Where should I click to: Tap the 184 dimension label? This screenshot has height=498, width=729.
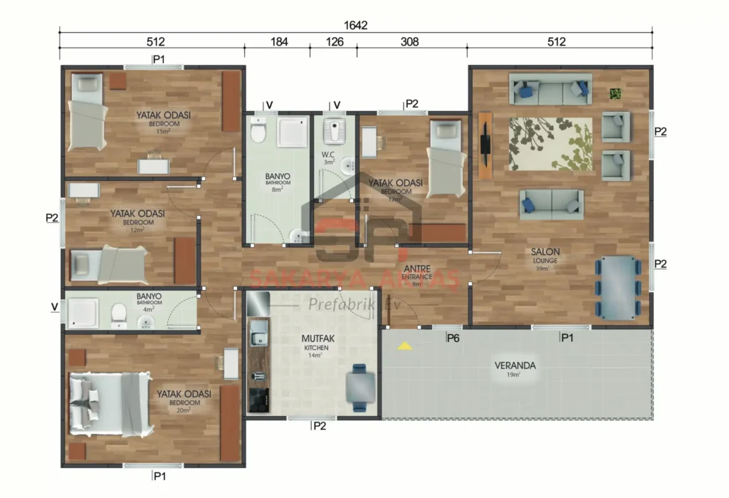click(278, 42)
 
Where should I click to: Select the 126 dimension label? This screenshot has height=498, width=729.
click(334, 42)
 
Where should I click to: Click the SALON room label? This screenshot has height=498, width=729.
click(545, 252)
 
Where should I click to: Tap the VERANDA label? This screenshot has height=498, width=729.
click(515, 366)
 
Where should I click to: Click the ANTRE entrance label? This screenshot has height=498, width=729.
click(416, 269)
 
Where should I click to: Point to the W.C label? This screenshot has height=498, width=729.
click(328, 155)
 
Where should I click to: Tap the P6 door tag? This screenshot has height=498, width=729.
click(452, 338)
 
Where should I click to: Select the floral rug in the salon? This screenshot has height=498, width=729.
click(550, 144)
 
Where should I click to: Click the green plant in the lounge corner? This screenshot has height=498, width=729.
click(616, 93)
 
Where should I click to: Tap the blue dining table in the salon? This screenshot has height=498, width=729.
click(617, 287)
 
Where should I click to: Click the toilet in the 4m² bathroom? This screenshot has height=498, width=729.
click(119, 311)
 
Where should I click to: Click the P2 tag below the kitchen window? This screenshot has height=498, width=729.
click(319, 426)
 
